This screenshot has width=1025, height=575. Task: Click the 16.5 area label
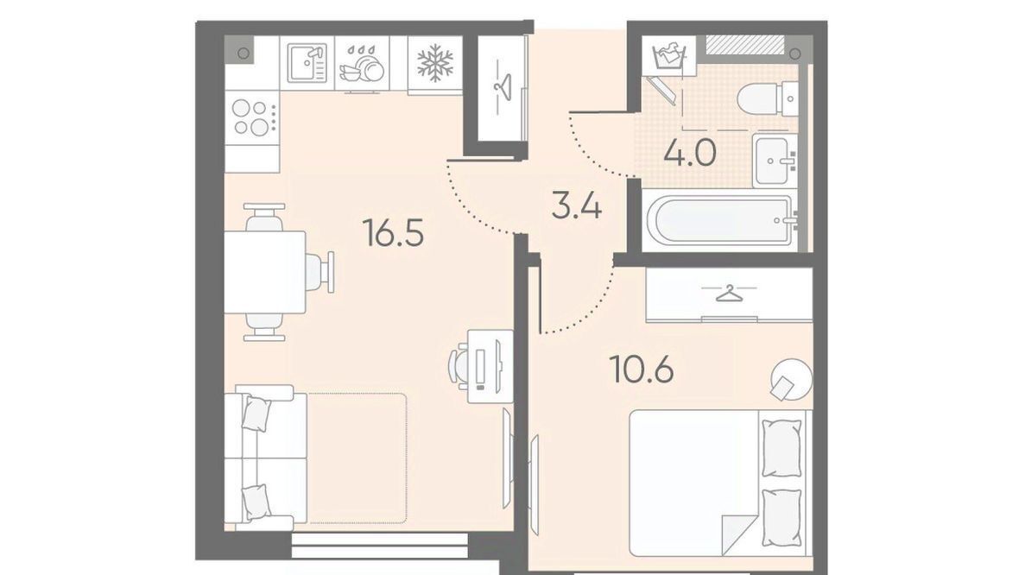pyautogui.click(x=394, y=233)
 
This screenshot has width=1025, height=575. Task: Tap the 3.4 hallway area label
pyautogui.click(x=576, y=207)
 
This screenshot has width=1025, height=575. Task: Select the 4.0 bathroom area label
pyautogui.click(x=690, y=154)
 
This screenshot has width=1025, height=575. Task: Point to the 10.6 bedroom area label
pyautogui.click(x=642, y=370)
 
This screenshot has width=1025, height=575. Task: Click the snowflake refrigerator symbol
pyautogui.click(x=435, y=63)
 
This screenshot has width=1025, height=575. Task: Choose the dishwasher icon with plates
pyautogui.click(x=361, y=64)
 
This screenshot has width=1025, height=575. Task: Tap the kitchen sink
pyautogui.click(x=307, y=63)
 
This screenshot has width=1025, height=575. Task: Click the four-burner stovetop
pyautogui.click(x=251, y=117)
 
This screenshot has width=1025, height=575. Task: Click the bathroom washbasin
pyautogui.click(x=775, y=160)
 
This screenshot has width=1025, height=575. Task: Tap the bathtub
pyautogui.click(x=719, y=220)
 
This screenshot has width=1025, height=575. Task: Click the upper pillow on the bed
pyautogui.click(x=781, y=448)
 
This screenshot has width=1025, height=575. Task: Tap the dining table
pyautogui.click(x=265, y=272)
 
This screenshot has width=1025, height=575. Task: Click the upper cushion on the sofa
pyautogui.click(x=256, y=413)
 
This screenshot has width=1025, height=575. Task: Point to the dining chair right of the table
pyautogui.click(x=320, y=272)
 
